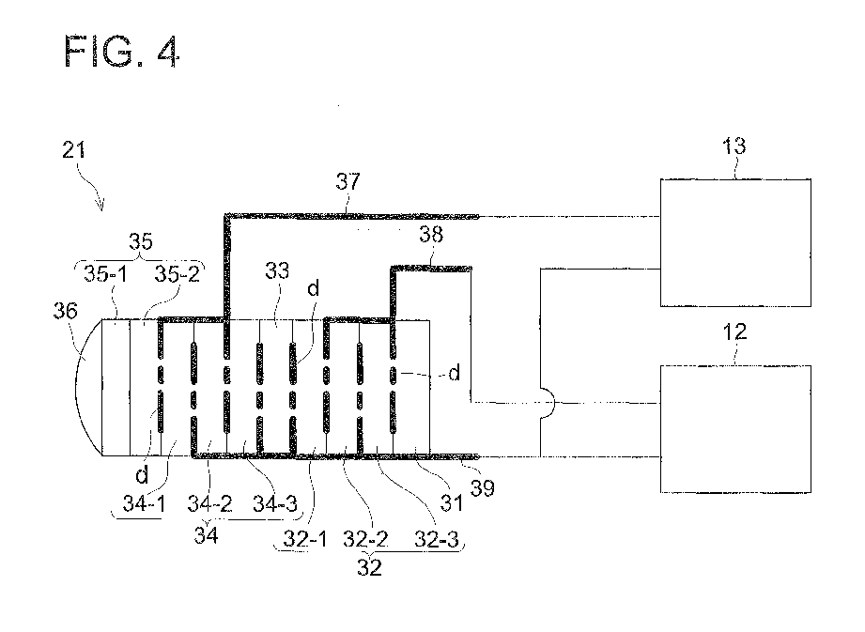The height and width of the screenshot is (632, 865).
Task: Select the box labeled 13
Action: tap(734, 241)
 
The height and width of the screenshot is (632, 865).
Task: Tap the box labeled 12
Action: tap(734, 428)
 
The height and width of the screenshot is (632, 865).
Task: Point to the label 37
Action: tap(347, 182)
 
